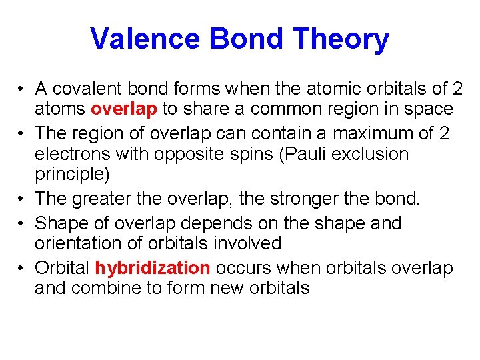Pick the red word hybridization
click(152, 268)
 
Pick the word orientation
click(79, 243)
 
